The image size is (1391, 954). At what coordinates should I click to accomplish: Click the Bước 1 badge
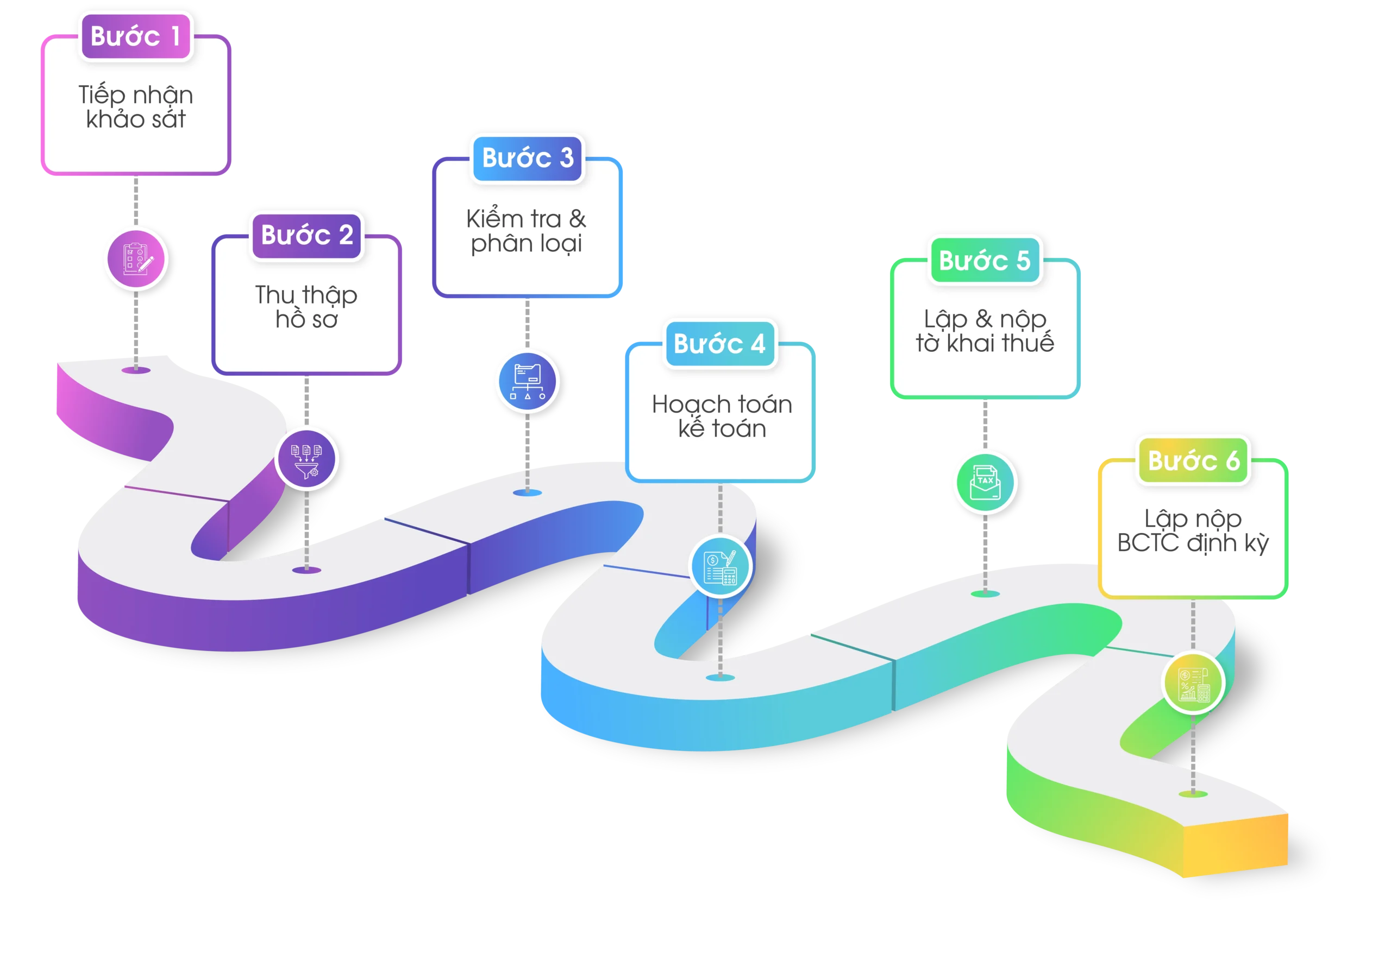pyautogui.click(x=135, y=36)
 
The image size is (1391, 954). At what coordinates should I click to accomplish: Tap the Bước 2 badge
pyautogui.click(x=306, y=235)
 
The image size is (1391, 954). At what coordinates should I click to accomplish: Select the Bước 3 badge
pyautogui.click(x=527, y=158)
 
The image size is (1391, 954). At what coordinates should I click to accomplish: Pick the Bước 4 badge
pyautogui.click(x=719, y=344)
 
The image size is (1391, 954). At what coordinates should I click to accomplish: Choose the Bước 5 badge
pyautogui.click(x=985, y=261)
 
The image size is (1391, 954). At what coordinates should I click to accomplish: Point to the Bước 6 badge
pyautogui.click(x=1193, y=460)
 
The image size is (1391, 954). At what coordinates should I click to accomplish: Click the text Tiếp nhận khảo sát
pyautogui.click(x=136, y=107)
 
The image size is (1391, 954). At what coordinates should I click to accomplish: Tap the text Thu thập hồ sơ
pyautogui.click(x=306, y=307)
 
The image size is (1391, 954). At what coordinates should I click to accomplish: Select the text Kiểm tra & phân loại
pyautogui.click(x=526, y=231)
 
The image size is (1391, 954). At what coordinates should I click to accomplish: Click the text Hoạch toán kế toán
pyautogui.click(x=722, y=416)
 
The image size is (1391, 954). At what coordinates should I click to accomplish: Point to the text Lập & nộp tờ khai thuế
pyautogui.click(x=985, y=331)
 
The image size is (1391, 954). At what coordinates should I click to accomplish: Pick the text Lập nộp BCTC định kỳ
pyautogui.click(x=1193, y=530)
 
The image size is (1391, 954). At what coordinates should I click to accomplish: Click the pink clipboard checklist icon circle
pyautogui.click(x=136, y=258)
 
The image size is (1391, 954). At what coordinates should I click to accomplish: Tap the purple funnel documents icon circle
pyautogui.click(x=306, y=459)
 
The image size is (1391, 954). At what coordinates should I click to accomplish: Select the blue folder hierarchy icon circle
pyautogui.click(x=527, y=381)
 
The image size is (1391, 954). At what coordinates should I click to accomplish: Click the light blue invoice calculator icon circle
pyautogui.click(x=720, y=566)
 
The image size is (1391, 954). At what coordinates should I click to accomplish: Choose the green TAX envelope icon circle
pyautogui.click(x=985, y=482)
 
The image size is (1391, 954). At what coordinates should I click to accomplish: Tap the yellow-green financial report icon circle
pyautogui.click(x=1193, y=683)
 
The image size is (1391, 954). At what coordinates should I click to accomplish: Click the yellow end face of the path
pyautogui.click(x=1236, y=846)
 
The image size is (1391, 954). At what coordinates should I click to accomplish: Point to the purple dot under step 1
pyautogui.click(x=136, y=370)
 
